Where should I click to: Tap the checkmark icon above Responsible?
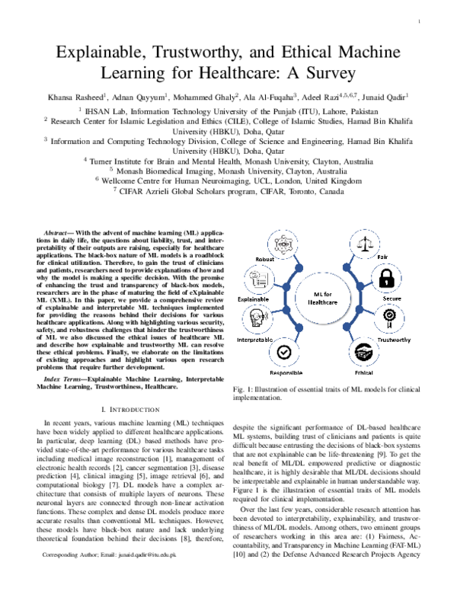(x=283, y=351)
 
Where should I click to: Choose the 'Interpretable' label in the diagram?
(x=256, y=338)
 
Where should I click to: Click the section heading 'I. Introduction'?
(x=133, y=411)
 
